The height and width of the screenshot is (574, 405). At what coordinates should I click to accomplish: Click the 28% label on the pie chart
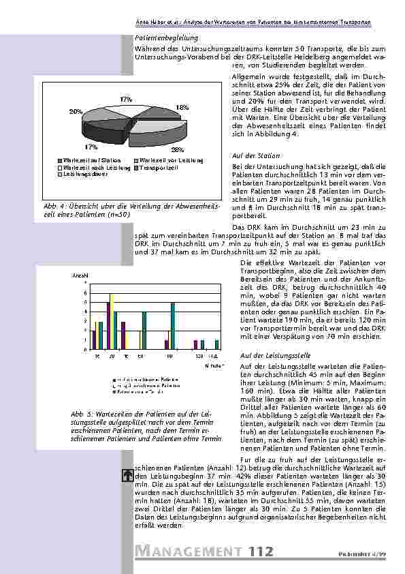coord(178,149)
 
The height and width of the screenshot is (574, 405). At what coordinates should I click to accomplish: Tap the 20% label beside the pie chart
coord(75,110)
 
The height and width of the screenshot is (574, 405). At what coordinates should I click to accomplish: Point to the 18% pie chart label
coord(182,108)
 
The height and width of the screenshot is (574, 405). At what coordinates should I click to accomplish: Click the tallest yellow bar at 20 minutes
coord(111,320)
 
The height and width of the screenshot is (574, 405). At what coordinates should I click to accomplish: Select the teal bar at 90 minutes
coord(173,326)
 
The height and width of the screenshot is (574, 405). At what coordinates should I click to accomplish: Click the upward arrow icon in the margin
coord(126,477)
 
